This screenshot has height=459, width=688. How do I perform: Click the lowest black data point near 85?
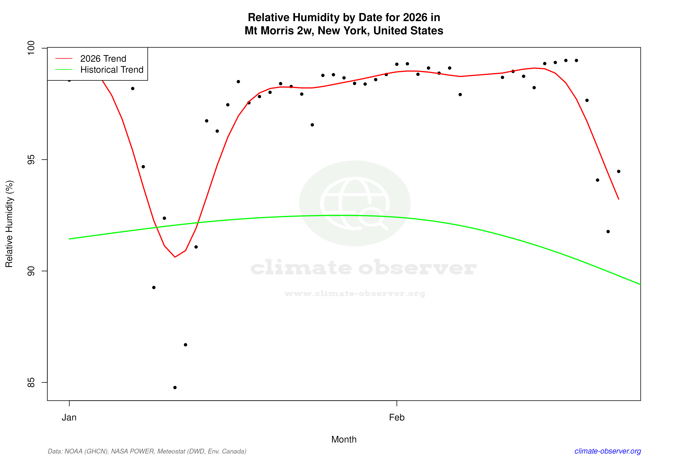175,388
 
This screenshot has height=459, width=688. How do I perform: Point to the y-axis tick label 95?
31,160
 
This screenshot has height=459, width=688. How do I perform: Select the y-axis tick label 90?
31,271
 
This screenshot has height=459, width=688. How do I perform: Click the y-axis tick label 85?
31,382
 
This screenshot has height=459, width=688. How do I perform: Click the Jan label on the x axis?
69,418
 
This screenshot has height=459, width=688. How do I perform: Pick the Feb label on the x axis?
397,418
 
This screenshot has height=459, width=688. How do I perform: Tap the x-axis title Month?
344,439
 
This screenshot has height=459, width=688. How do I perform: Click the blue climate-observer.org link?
608,451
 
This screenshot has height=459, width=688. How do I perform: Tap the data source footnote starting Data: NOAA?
147,451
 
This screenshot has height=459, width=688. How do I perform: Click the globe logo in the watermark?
355,203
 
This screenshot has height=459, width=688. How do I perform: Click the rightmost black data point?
619,171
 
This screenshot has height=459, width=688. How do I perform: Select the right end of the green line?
640,284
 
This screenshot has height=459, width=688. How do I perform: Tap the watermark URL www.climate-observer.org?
355,294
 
